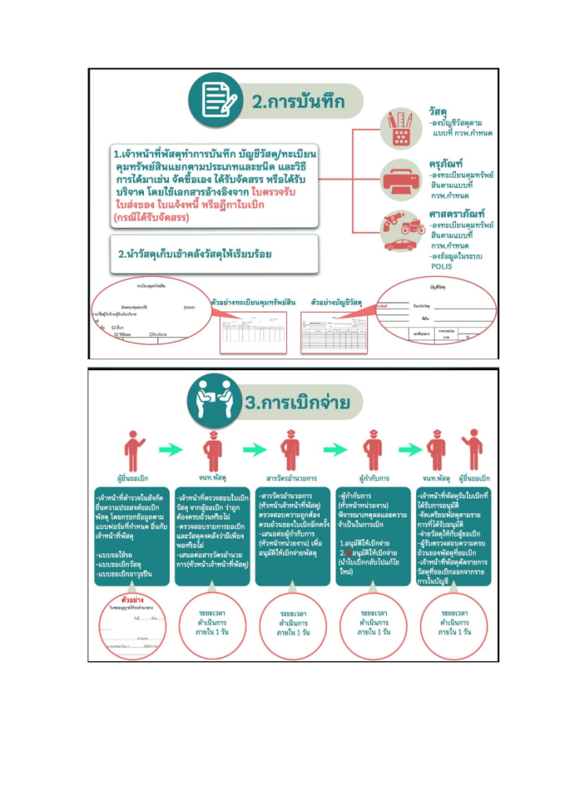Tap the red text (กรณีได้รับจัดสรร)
[x=153, y=216]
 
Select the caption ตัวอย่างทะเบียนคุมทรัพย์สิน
[x=254, y=302]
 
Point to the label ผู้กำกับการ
[x=374, y=478]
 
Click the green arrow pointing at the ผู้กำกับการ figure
[x=335, y=450]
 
